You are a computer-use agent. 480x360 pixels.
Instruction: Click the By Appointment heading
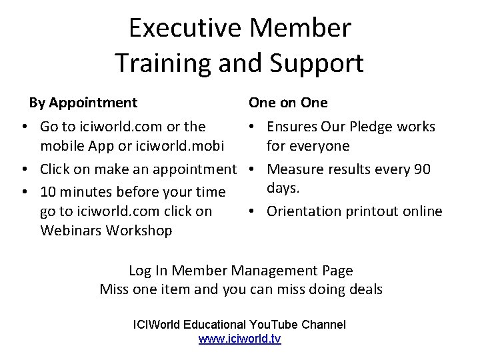[83, 103]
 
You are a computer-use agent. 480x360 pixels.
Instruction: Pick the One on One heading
[288, 103]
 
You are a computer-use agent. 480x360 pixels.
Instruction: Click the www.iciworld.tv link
[240, 339]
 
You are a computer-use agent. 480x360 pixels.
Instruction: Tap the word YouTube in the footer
[273, 325]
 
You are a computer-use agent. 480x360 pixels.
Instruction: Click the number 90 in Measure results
[422, 169]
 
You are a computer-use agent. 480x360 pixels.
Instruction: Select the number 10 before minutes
[48, 192]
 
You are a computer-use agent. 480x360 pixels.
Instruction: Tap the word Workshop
[141, 231]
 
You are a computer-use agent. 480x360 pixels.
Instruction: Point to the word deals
[364, 289]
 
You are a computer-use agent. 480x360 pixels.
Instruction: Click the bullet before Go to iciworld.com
[23, 127]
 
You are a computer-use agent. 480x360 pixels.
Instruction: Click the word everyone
[317, 145]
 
